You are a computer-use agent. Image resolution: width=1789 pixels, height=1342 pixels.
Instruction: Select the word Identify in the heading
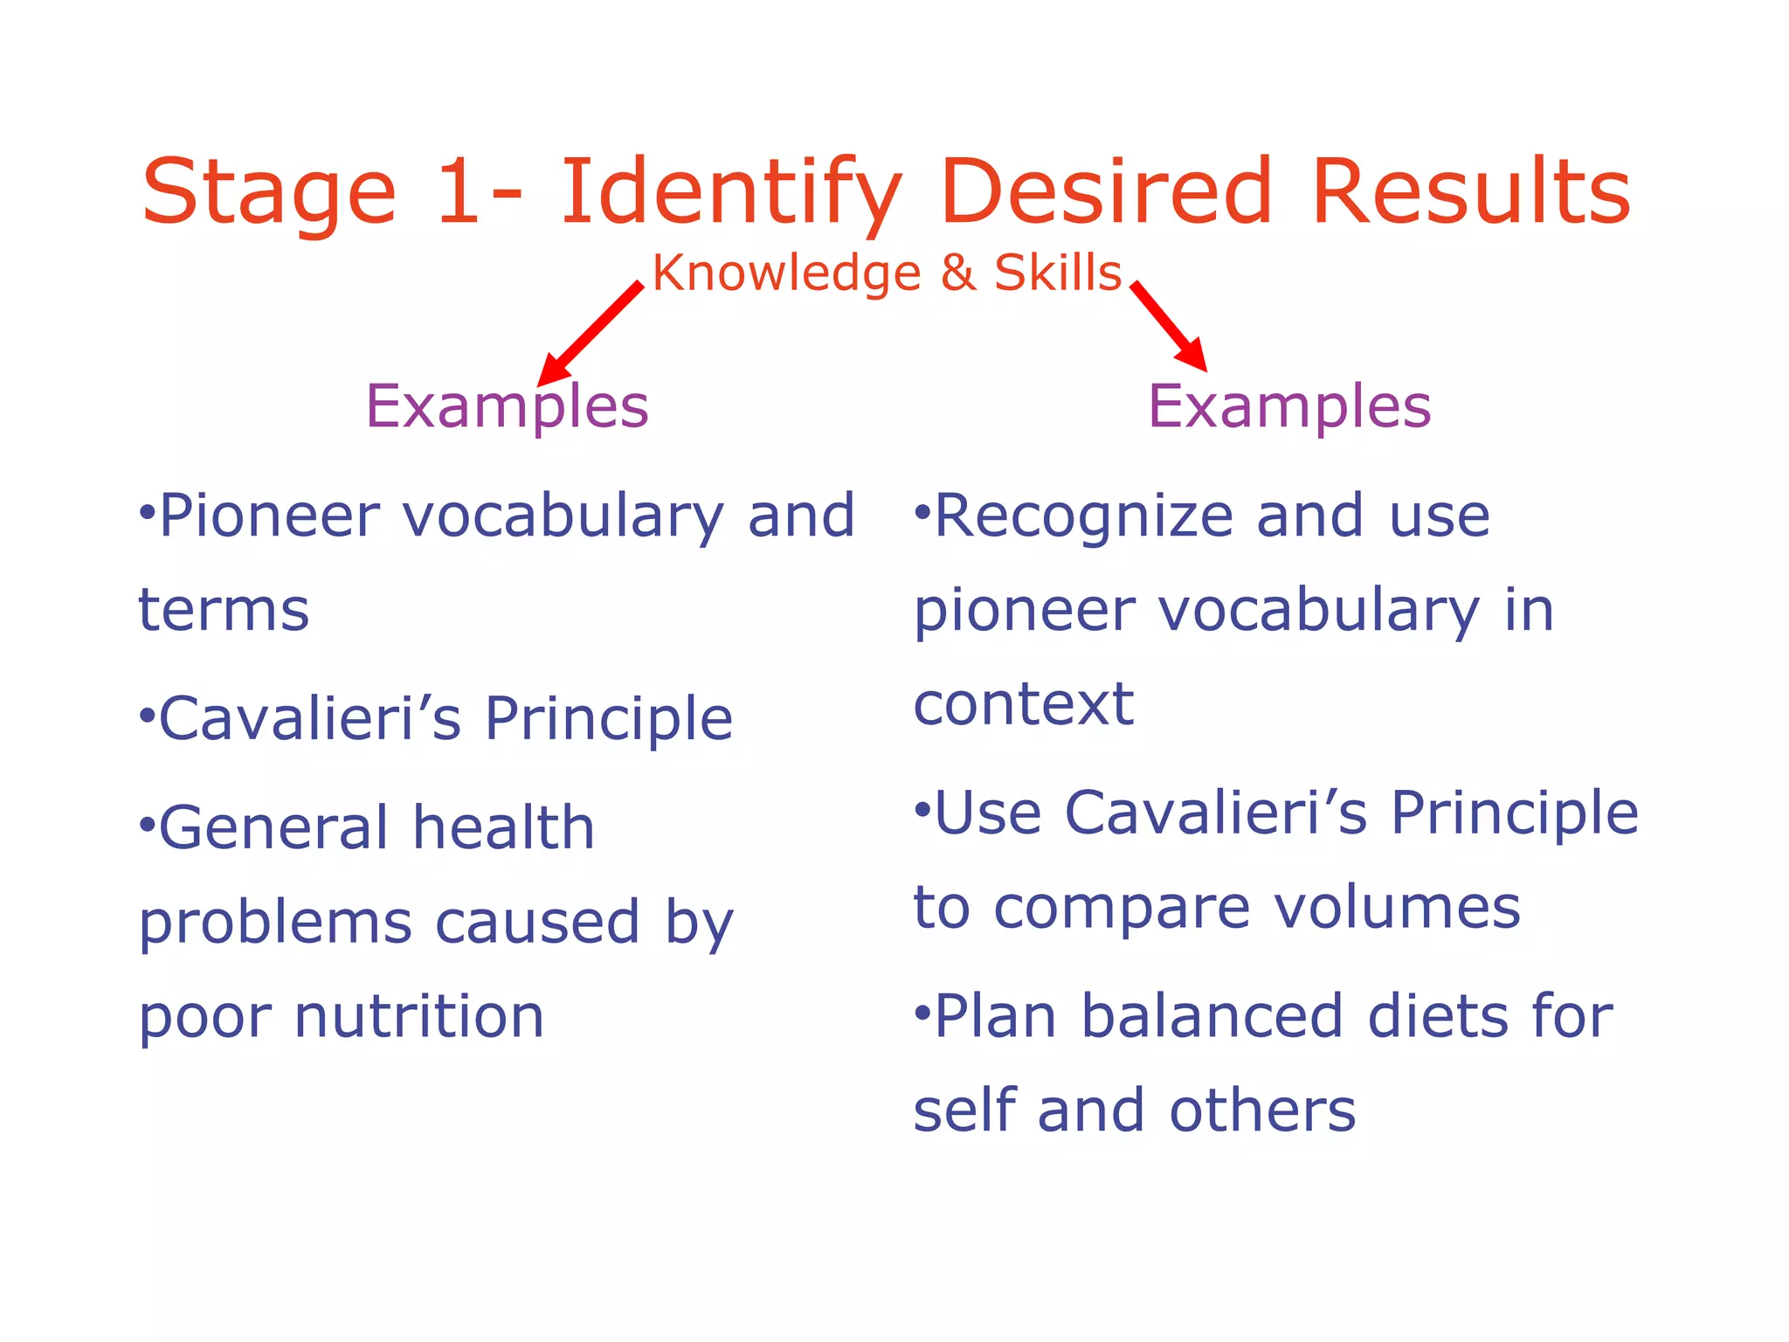(730, 194)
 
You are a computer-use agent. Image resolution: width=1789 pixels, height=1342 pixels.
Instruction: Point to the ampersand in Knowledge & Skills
(957, 273)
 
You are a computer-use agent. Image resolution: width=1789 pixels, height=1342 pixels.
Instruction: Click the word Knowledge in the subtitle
(786, 273)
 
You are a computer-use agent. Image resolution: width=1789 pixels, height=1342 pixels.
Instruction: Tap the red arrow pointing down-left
(591, 333)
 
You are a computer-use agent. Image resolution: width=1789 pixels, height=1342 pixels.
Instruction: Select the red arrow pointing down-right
(1169, 325)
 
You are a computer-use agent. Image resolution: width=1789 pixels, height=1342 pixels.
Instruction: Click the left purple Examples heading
(507, 407)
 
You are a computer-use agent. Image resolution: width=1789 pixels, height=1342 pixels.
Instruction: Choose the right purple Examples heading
(1289, 407)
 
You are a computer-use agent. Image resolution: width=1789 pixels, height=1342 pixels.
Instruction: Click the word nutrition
(419, 1017)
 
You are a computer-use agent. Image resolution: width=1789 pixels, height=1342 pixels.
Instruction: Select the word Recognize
(1083, 517)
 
